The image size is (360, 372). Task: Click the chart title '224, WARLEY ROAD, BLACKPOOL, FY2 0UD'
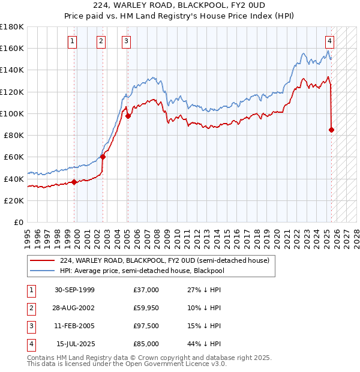[x=180, y=7]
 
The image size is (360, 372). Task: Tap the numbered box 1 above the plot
[x=72, y=41]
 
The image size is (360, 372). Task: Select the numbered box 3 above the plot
[x=127, y=41]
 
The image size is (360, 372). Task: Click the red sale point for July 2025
[x=332, y=130]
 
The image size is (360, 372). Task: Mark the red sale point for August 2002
[x=103, y=157]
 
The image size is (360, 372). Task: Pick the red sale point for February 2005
[x=128, y=116]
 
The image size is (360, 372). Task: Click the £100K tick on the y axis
[x=12, y=113]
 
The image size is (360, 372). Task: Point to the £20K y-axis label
[x=14, y=200]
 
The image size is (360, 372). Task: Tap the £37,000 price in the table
[x=146, y=290]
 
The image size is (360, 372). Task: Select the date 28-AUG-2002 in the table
[x=74, y=308]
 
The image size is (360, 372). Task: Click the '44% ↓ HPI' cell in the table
[x=204, y=344]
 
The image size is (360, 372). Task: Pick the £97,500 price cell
[x=146, y=326]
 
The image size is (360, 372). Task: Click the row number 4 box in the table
[x=31, y=344]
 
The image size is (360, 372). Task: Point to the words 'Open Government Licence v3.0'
[x=172, y=364]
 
